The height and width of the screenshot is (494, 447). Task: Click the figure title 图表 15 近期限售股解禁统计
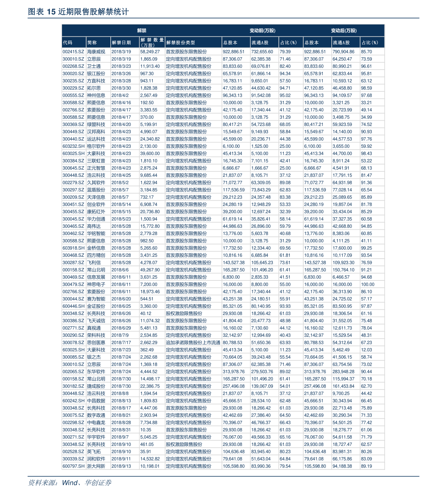(x=78, y=12)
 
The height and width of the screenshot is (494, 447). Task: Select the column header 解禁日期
(x=121, y=42)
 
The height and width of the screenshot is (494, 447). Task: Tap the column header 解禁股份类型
(x=181, y=42)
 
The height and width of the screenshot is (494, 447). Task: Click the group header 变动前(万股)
(x=262, y=30)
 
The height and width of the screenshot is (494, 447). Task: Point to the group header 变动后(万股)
(x=344, y=30)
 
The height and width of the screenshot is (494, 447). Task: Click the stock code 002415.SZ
(x=73, y=52)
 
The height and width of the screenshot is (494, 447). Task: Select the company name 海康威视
(x=96, y=52)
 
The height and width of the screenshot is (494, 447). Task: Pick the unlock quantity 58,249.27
(x=150, y=52)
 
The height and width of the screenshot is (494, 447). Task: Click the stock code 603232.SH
(x=74, y=146)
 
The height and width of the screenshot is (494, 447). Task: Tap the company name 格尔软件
(x=96, y=146)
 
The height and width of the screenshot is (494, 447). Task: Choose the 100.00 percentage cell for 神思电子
(x=367, y=285)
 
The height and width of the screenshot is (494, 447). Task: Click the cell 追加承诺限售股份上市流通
(x=193, y=342)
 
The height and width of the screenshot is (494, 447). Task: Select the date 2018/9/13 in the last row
(x=121, y=466)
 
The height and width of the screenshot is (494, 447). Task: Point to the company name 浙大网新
(x=96, y=466)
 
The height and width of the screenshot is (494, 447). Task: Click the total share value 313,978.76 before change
(x=233, y=371)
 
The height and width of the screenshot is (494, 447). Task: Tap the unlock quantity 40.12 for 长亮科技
(x=146, y=314)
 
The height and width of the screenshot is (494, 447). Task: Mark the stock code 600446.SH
(x=74, y=306)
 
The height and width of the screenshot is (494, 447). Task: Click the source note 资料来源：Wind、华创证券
(x=69, y=483)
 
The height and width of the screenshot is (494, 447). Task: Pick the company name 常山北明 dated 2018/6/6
(x=96, y=270)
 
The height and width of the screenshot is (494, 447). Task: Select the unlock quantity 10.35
(x=146, y=430)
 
